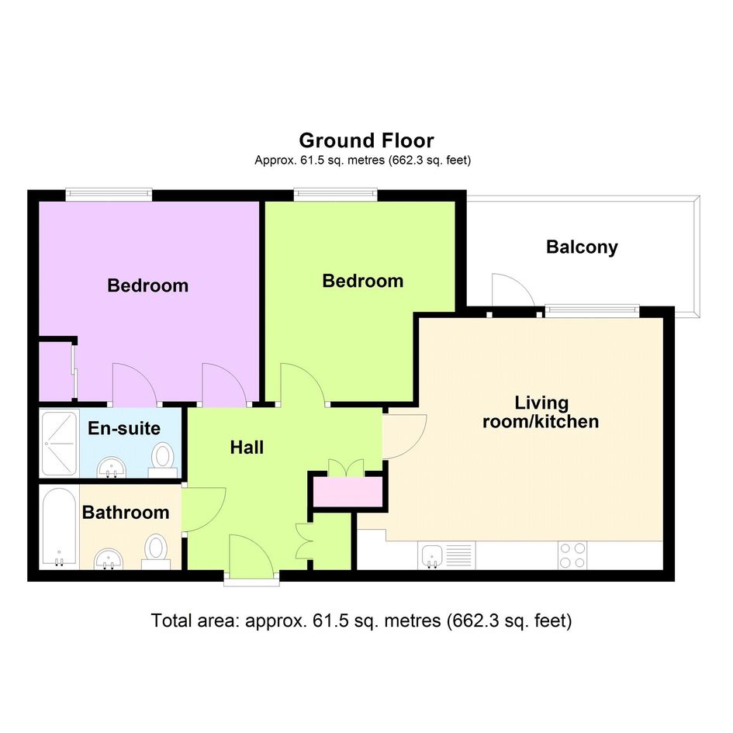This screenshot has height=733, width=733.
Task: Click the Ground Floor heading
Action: pyautogui.click(x=366, y=140)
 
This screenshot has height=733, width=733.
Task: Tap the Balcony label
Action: pyautogui.click(x=582, y=247)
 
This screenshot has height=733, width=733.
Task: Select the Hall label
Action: pyautogui.click(x=247, y=448)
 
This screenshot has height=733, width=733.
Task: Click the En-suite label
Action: pyautogui.click(x=124, y=428)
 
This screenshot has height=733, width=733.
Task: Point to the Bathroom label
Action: pyautogui.click(x=126, y=513)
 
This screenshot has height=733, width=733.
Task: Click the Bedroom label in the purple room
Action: pyautogui.click(x=147, y=285)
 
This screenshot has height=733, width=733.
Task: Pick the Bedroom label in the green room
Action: pyautogui.click(x=363, y=281)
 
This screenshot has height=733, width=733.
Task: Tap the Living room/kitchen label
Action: pyautogui.click(x=541, y=412)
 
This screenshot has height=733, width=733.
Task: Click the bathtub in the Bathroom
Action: pyautogui.click(x=59, y=527)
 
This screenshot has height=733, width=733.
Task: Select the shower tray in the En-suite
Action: pyautogui.click(x=59, y=443)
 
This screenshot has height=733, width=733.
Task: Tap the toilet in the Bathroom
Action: pyautogui.click(x=156, y=551)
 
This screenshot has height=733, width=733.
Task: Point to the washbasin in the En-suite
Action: pyautogui.click(x=111, y=467)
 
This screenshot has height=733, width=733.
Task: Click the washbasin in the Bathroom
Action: pyautogui.click(x=109, y=559)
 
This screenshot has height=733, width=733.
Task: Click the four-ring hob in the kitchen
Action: pyautogui.click(x=572, y=555)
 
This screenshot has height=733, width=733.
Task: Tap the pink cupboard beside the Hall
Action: pyautogui.click(x=347, y=491)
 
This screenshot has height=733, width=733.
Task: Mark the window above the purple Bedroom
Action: pyautogui.click(x=109, y=194)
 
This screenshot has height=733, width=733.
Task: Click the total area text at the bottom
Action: pyautogui.click(x=361, y=621)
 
